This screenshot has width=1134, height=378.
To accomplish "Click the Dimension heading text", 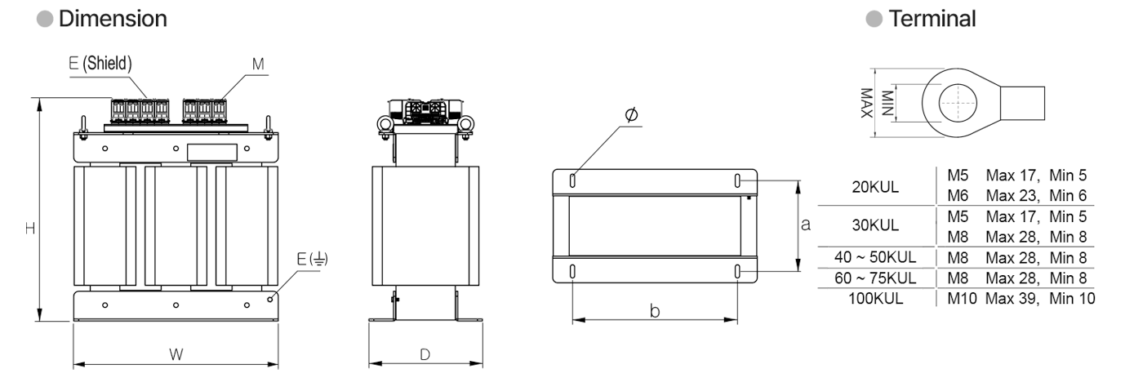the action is tap(113, 19).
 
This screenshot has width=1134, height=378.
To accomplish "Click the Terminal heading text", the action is tap(932, 19).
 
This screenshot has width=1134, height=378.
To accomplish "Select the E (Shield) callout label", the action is tap(100, 63).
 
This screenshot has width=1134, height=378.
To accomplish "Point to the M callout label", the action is tap(258, 64).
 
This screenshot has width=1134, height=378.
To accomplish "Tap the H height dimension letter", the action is tap(30, 229).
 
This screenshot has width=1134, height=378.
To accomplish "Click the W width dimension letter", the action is tap(176, 354).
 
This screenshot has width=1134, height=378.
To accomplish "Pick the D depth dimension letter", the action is tap(425, 354).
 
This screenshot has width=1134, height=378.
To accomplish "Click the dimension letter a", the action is tap(806, 224).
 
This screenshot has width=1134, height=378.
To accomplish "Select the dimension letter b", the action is tap(655, 311).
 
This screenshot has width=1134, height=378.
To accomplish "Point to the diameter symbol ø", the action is tap(631, 115).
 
